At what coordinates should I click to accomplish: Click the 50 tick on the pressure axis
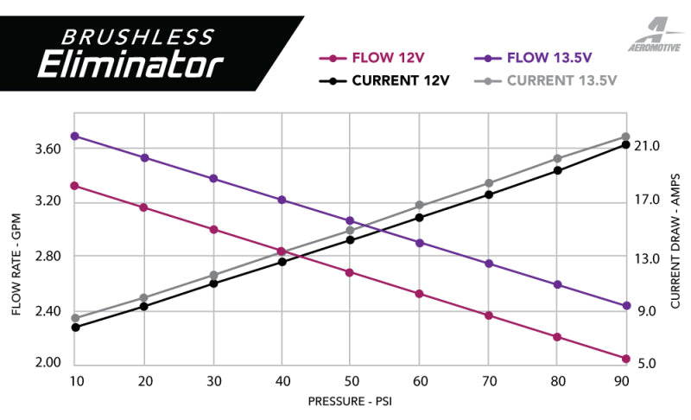350,381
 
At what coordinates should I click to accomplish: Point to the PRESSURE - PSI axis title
350,402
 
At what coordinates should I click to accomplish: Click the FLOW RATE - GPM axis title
18,257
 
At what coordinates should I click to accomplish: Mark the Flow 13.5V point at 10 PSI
75,137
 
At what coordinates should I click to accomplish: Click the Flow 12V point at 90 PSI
626,359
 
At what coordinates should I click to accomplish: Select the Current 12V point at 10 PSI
75,328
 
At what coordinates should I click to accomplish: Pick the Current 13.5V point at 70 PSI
488,183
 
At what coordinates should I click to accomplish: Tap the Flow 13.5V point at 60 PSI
419,243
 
